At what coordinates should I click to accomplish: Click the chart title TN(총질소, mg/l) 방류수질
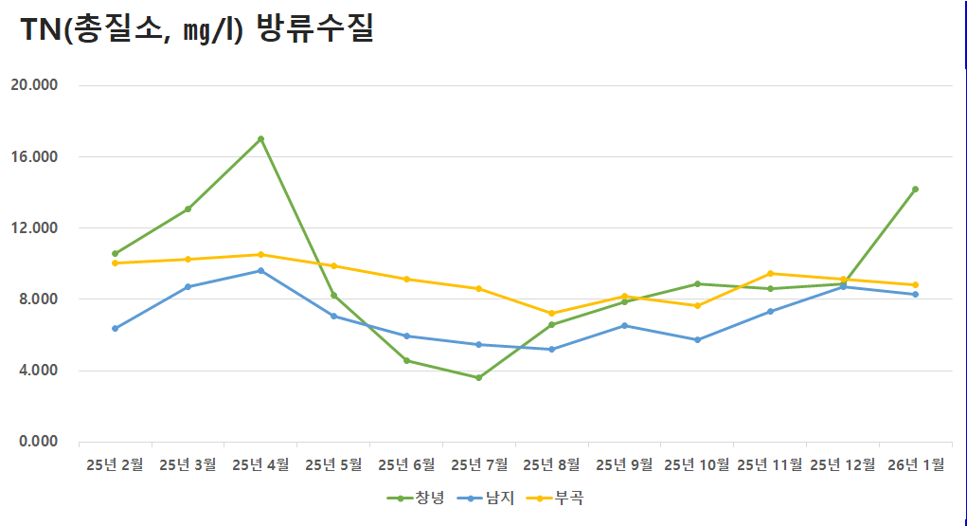tap(197, 29)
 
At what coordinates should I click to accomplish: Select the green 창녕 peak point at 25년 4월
tap(260, 139)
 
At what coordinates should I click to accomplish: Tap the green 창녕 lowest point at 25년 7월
tap(479, 378)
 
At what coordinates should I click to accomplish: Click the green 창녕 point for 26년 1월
tap(915, 190)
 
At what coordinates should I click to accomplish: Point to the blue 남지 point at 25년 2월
tap(115, 329)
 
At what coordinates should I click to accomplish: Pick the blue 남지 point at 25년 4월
tap(260, 271)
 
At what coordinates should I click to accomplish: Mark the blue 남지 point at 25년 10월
tap(697, 339)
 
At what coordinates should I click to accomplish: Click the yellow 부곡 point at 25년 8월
tap(551, 314)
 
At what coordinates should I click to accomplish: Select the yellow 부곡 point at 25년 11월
tap(770, 274)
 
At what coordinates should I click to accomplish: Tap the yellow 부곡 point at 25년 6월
tap(406, 280)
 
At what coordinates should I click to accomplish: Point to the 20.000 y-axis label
tap(34, 85)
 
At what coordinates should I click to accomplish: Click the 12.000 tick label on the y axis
tap(34, 228)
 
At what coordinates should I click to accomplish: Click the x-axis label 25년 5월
tap(333, 465)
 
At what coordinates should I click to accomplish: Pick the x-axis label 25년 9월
tap(624, 465)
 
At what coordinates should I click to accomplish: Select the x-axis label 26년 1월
tap(915, 465)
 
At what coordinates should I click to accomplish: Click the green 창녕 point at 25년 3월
tap(188, 209)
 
